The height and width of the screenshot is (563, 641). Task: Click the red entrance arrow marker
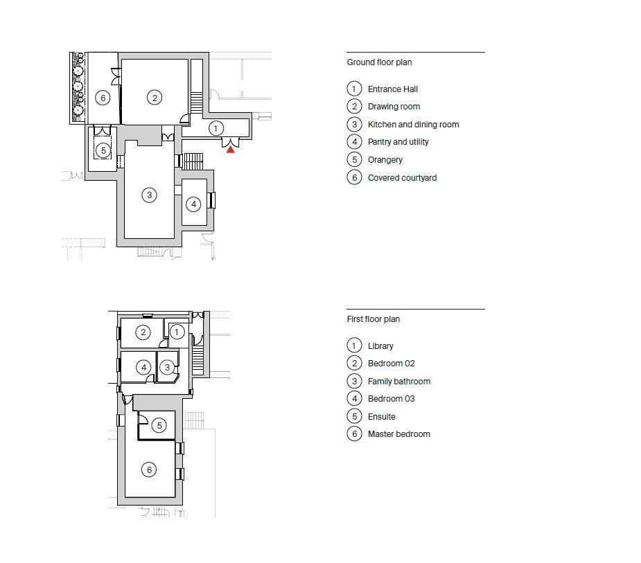pyautogui.click(x=231, y=150)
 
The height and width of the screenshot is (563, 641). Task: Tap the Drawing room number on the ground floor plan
pyautogui.click(x=155, y=98)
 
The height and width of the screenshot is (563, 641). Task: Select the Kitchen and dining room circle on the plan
pyautogui.click(x=149, y=195)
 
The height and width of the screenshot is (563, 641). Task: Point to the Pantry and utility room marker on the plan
pyautogui.click(x=193, y=204)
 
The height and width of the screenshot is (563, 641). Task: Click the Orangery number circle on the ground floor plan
pyautogui.click(x=103, y=150)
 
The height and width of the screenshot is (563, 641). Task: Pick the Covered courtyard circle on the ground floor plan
pyautogui.click(x=103, y=98)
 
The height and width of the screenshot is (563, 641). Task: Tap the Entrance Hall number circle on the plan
pyautogui.click(x=216, y=129)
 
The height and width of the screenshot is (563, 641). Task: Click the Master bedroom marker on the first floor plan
pyautogui.click(x=149, y=470)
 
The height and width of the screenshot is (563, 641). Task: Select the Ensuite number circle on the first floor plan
pyautogui.click(x=159, y=426)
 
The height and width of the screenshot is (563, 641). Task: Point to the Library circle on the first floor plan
pyautogui.click(x=177, y=332)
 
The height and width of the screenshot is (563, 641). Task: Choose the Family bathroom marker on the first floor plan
pyautogui.click(x=167, y=367)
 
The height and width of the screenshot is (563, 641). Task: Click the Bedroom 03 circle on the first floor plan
pyautogui.click(x=143, y=367)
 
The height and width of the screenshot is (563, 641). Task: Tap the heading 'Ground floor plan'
pyautogui.click(x=379, y=62)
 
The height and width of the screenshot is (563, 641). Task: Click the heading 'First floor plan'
pyautogui.click(x=374, y=319)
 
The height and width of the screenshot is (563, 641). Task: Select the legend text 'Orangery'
pyautogui.click(x=385, y=160)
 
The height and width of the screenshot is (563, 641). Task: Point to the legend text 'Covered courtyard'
pyautogui.click(x=402, y=178)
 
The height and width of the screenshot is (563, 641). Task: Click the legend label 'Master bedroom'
pyautogui.click(x=399, y=434)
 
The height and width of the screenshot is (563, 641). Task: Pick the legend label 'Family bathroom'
pyautogui.click(x=399, y=381)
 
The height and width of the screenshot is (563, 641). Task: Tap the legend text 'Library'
pyautogui.click(x=380, y=346)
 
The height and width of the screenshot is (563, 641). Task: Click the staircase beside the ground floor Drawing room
pyautogui.click(x=197, y=103)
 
